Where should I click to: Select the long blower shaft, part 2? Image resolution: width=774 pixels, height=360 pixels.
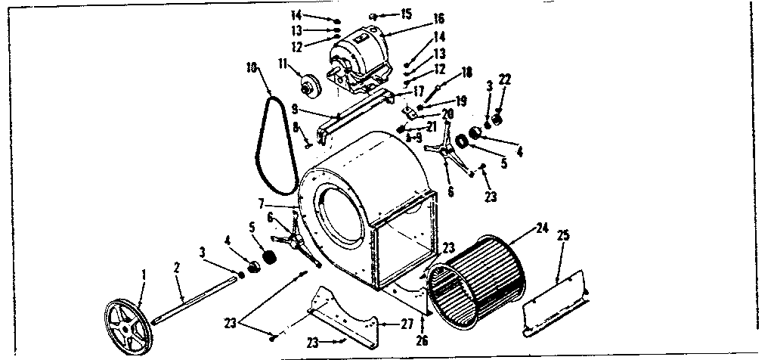(x=197, y=300)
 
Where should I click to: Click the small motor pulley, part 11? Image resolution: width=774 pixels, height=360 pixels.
(x=310, y=85)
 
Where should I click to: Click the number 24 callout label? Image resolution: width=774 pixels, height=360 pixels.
(x=541, y=227)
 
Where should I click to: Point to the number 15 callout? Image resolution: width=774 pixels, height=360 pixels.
(x=407, y=14)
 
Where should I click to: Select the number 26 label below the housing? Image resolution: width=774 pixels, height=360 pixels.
(x=422, y=340)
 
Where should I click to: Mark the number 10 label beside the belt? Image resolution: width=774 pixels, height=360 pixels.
(x=250, y=67)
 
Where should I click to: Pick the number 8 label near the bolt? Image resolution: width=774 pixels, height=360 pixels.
(x=296, y=127)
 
